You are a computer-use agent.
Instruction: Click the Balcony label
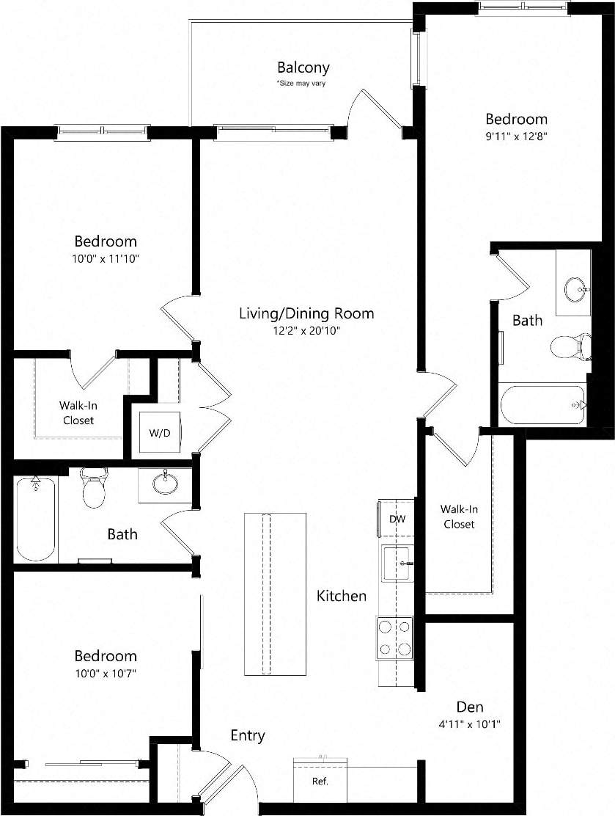coord(303,68)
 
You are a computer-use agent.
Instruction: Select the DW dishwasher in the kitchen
coord(397,519)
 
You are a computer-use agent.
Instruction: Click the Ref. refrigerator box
coord(320,781)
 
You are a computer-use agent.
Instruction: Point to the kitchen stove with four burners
coord(394,638)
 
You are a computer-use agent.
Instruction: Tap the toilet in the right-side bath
coord(570,346)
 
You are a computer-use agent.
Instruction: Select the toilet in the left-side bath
coord(94,489)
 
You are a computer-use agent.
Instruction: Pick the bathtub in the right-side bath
coord(543,404)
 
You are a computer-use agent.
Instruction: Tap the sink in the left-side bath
coord(165,484)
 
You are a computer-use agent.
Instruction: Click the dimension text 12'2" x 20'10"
coord(306,331)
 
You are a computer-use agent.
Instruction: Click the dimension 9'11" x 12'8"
coord(516,136)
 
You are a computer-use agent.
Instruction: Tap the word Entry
coord(248,736)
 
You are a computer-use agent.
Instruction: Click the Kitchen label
coord(341,596)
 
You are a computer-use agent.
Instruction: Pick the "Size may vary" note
coord(301,84)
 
